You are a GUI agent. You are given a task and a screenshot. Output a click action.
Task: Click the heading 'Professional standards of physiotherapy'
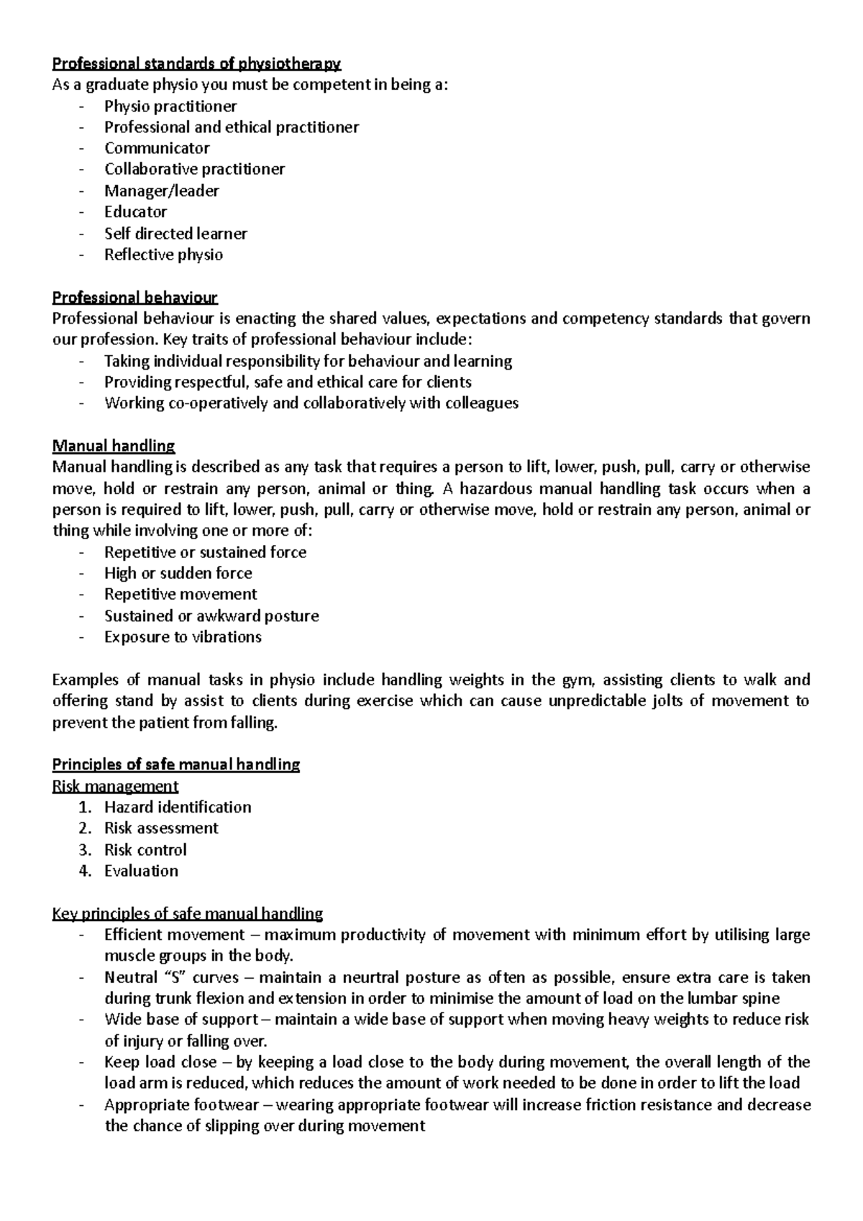pyautogui.click(x=196, y=64)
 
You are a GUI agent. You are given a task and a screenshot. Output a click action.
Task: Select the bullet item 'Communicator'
pyautogui.click(x=157, y=148)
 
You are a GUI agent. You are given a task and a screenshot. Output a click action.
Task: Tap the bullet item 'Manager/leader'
pyautogui.click(x=161, y=191)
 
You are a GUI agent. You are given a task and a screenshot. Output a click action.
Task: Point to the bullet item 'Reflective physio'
pyautogui.click(x=163, y=255)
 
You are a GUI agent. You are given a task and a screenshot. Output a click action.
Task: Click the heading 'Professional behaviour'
pyautogui.click(x=134, y=297)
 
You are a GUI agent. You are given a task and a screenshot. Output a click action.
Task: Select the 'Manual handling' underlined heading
pyautogui.click(x=114, y=446)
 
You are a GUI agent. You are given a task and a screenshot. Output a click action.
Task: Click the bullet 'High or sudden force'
pyautogui.click(x=178, y=573)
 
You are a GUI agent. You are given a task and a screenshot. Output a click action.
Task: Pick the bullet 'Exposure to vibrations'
pyautogui.click(x=183, y=637)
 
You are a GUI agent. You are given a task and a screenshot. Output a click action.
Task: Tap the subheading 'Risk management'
pyautogui.click(x=115, y=786)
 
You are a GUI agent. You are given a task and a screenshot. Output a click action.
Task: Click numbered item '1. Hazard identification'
pyautogui.click(x=177, y=807)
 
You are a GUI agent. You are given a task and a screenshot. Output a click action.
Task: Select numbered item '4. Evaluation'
pyautogui.click(x=141, y=871)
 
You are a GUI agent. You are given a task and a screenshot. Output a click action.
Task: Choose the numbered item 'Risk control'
pyautogui.click(x=145, y=850)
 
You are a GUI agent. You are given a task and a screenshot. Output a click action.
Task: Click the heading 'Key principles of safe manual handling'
pyautogui.click(x=188, y=914)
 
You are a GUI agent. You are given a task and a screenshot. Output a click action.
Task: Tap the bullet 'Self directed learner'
pyautogui.click(x=175, y=234)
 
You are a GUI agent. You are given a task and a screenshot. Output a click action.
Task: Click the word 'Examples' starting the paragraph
pyautogui.click(x=81, y=680)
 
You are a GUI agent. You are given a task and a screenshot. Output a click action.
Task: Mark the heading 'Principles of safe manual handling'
pyautogui.click(x=176, y=764)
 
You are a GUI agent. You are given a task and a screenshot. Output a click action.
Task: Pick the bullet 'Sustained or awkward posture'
pyautogui.click(x=211, y=616)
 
